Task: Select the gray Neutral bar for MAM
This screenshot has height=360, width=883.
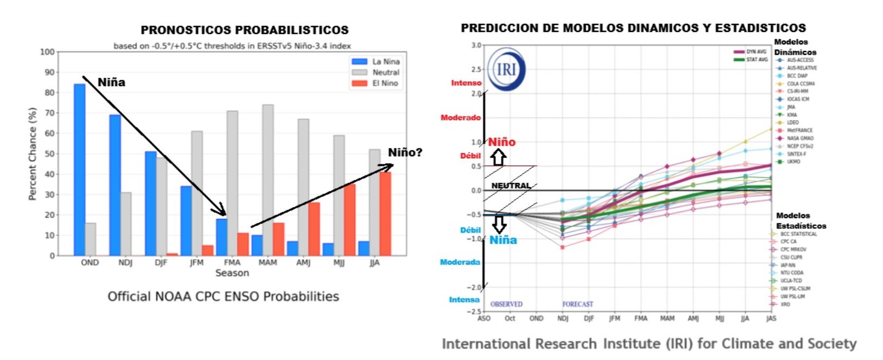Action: [268, 180]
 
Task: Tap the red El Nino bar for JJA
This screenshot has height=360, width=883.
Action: [385, 214]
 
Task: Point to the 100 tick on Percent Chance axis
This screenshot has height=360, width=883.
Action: [48, 52]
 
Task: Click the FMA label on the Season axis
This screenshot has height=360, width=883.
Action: [232, 262]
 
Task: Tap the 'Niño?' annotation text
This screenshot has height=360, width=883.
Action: [405, 152]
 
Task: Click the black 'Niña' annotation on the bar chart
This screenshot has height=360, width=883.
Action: [111, 82]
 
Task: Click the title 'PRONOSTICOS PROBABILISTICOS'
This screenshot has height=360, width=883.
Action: [244, 30]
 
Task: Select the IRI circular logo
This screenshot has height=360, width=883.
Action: [505, 69]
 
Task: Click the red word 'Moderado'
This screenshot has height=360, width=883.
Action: [460, 118]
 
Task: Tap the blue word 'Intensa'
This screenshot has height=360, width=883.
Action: [464, 299]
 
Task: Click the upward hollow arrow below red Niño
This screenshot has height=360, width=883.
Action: [499, 157]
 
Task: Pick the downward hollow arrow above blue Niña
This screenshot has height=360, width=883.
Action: [499, 224]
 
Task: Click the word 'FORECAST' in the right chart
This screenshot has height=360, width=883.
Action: [577, 304]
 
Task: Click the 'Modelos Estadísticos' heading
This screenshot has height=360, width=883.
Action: [800, 221]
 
